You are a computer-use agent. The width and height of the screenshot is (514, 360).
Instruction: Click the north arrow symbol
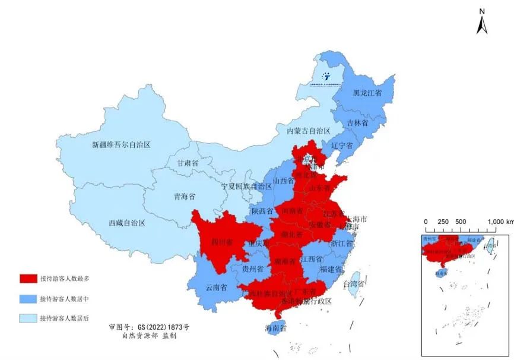[x=481, y=22]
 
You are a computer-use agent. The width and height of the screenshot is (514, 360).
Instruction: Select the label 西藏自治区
[x=127, y=222]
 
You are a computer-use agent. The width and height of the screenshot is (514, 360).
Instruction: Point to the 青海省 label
[x=185, y=197]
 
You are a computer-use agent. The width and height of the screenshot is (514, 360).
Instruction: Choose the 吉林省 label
[x=358, y=123]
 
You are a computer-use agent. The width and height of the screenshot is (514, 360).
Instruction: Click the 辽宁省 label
[x=342, y=146]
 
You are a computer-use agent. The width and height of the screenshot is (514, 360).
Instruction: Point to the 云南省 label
[x=217, y=288]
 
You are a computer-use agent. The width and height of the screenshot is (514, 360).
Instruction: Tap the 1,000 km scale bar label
[x=500, y=222]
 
